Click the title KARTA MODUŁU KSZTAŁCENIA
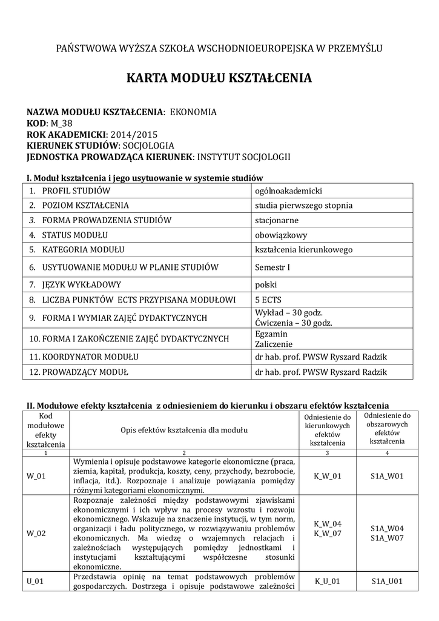tap(219, 78)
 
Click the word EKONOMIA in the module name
tap(192, 112)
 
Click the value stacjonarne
tap(277, 220)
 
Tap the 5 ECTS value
tap(269, 299)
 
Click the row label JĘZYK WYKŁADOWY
tap(82, 284)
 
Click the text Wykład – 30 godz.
tap(288, 312)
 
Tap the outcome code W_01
tap(36, 476)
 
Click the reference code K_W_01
tap(328, 476)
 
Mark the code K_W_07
tap(328, 533)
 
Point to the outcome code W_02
tap(36, 533)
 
